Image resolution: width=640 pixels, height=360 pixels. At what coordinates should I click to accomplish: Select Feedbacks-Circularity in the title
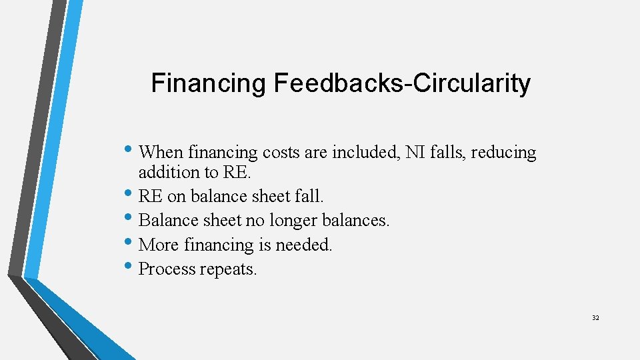(402, 84)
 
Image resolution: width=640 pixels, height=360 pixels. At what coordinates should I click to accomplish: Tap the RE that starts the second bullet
(151, 196)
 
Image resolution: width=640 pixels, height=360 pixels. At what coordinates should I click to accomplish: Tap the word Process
(166, 269)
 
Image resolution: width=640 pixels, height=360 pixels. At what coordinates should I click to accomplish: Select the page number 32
(595, 318)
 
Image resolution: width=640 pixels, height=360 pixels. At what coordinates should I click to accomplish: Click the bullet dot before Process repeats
(129, 268)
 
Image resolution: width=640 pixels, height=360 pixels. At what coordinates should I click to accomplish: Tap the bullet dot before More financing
(129, 244)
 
